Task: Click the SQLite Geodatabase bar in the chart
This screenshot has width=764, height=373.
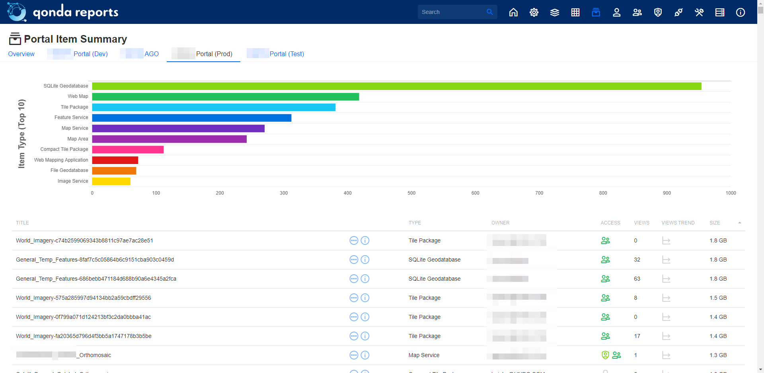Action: point(396,86)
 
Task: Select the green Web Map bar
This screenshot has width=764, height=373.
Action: point(225,97)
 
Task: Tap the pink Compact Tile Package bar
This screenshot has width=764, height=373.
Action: point(128,150)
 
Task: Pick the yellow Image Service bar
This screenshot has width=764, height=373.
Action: point(111,182)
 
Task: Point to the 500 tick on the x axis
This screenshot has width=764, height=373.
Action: point(411,193)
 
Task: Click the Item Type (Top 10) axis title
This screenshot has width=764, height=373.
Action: point(21,134)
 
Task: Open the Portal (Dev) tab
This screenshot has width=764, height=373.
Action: point(90,54)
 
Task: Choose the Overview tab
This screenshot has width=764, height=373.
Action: point(21,54)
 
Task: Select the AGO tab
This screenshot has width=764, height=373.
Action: point(151,54)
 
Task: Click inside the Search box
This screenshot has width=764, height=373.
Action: point(452,12)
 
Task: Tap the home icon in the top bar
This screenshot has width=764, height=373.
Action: point(513,12)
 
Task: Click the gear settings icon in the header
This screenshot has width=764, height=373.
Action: point(534,12)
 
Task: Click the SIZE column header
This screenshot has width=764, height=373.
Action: point(714,223)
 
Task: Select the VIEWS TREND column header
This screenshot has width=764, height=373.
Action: point(678,223)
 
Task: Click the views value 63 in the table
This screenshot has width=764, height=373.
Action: point(637,279)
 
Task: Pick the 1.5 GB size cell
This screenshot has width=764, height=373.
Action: point(718,298)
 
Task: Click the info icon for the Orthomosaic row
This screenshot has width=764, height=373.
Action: point(365,355)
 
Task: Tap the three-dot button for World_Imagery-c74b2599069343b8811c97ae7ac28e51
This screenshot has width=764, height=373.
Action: point(354,240)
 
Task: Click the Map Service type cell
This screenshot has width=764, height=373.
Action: point(424,355)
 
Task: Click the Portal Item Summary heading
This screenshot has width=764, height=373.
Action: point(75,39)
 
